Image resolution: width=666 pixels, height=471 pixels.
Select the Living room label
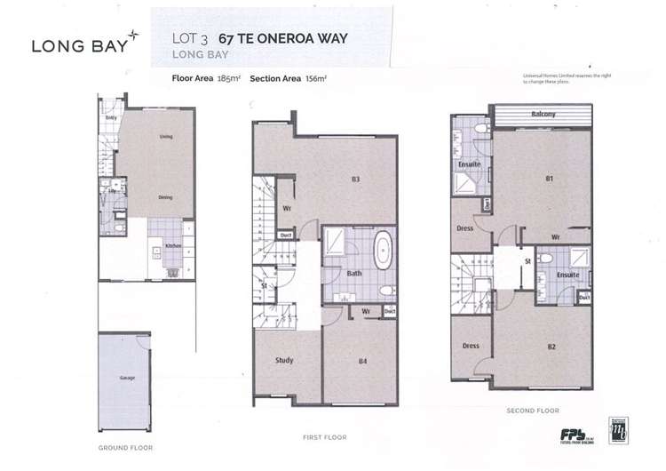[165, 137]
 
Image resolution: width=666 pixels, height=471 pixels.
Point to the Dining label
[165, 197]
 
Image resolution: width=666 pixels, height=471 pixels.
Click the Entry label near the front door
[112, 117]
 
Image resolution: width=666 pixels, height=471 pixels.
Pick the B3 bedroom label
[354, 180]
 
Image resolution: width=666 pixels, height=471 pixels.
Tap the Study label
[283, 360]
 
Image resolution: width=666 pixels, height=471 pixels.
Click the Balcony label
[543, 114]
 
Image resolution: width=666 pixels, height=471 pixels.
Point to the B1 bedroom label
[550, 180]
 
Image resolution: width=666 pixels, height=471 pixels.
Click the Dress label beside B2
[471, 346]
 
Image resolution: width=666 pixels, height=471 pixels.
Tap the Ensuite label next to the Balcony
[469, 164]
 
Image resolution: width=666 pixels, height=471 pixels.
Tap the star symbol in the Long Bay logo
[132, 35]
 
